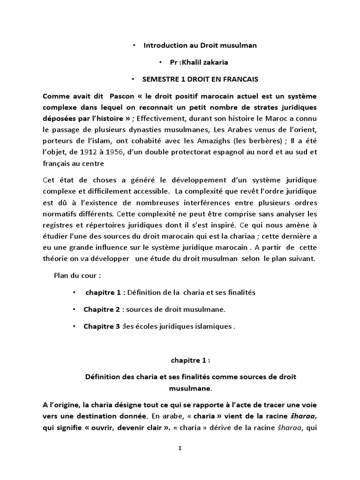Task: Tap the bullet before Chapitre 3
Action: pyautogui.click(x=74, y=326)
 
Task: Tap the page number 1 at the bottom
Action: pyautogui.click(x=180, y=448)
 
